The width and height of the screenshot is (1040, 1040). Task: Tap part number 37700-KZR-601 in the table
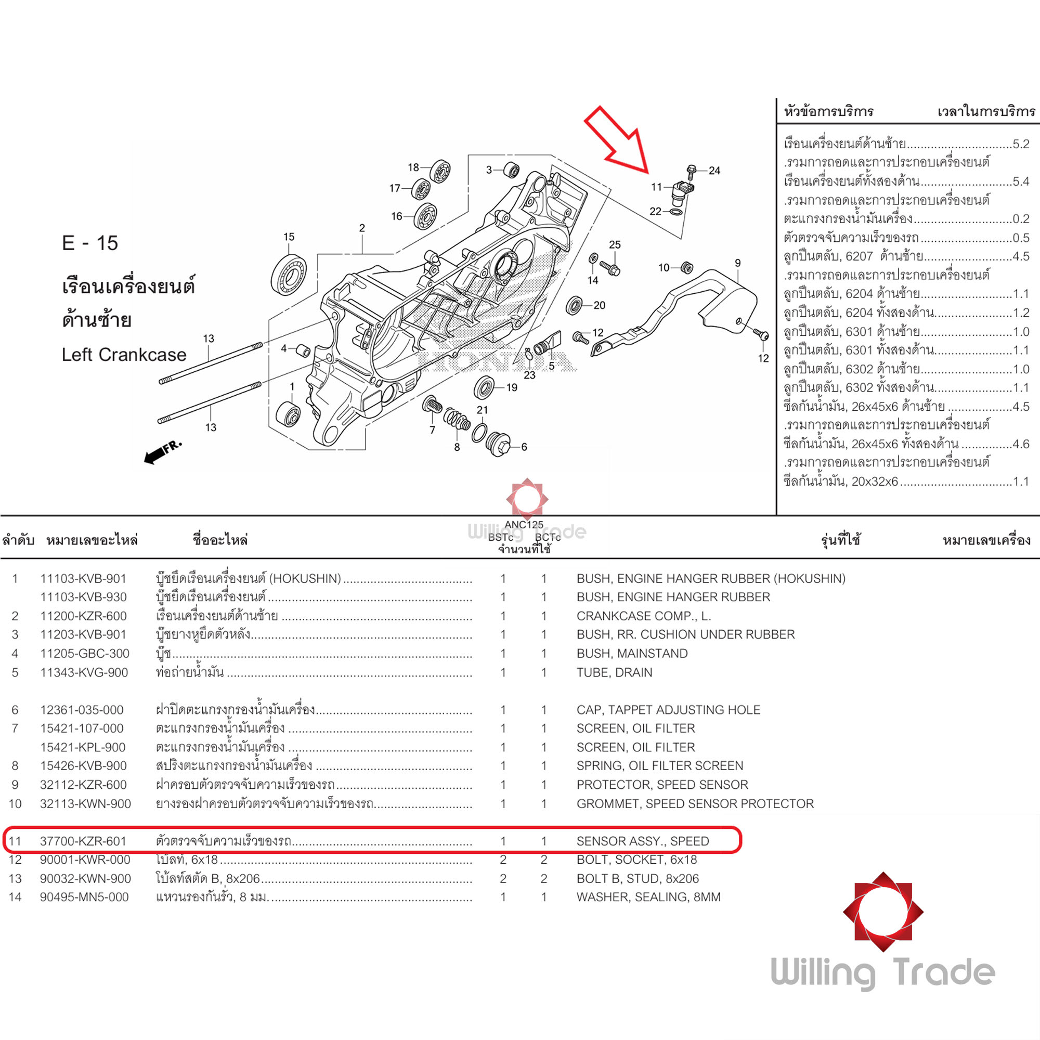tap(83, 841)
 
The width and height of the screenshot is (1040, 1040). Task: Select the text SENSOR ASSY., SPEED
tap(642, 841)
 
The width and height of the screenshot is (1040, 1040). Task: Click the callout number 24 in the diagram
tap(714, 171)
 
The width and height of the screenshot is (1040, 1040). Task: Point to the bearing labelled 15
tap(289, 275)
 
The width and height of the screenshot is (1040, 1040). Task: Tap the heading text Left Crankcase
tap(124, 355)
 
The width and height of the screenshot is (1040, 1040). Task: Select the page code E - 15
tap(90, 243)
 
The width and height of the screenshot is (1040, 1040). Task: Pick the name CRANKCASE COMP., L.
tap(643, 616)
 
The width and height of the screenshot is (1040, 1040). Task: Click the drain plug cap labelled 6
tap(498, 444)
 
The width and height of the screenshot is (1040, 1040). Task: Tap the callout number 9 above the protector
tap(737, 263)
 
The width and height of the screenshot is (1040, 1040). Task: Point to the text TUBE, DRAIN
tap(614, 672)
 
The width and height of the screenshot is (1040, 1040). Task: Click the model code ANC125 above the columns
tap(524, 525)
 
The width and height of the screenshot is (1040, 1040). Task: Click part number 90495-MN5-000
tap(84, 898)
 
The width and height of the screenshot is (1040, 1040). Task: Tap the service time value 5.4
tap(1021, 181)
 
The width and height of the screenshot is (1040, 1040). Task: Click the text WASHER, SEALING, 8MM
tap(648, 898)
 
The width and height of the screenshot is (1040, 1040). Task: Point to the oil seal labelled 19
tap(484, 387)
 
